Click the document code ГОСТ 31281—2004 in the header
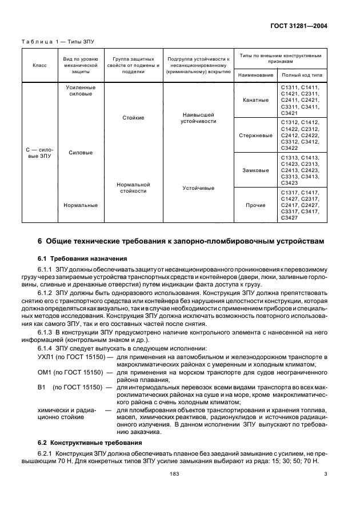(x=306, y=26)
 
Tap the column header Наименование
(x=255, y=75)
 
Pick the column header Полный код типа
(x=301, y=75)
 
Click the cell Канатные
(x=255, y=100)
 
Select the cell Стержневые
(x=255, y=136)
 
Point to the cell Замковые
(x=255, y=170)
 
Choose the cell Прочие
(x=255, y=205)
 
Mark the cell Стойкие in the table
(x=133, y=118)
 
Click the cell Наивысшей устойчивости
(x=198, y=118)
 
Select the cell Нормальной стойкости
(x=133, y=188)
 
